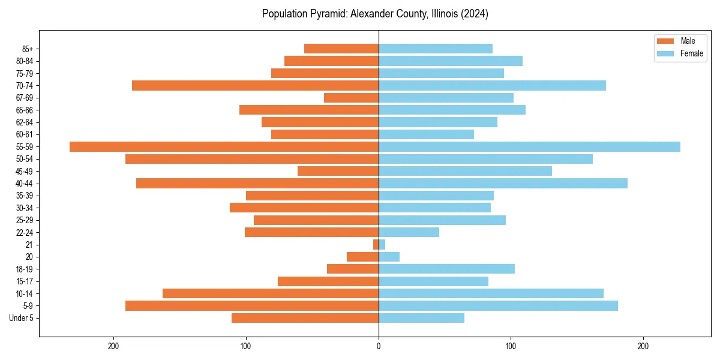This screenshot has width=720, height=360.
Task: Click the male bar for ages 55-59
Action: (224, 146)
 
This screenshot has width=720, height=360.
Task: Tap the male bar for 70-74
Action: (255, 85)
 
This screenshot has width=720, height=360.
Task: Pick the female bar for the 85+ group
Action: (436, 49)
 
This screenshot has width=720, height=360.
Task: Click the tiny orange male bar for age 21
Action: (376, 244)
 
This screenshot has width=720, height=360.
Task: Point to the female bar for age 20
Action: (389, 257)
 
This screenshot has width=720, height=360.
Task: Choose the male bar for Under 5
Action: (305, 318)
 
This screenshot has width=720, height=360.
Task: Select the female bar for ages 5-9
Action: (498, 305)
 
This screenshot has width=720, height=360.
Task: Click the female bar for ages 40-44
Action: (503, 183)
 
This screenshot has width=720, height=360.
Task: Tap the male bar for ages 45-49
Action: (338, 171)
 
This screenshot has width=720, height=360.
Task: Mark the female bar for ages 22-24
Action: (409, 232)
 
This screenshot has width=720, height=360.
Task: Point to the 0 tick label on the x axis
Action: (379, 346)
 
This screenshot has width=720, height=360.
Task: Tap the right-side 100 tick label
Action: (511, 346)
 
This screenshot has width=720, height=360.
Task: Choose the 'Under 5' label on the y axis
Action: (21, 318)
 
